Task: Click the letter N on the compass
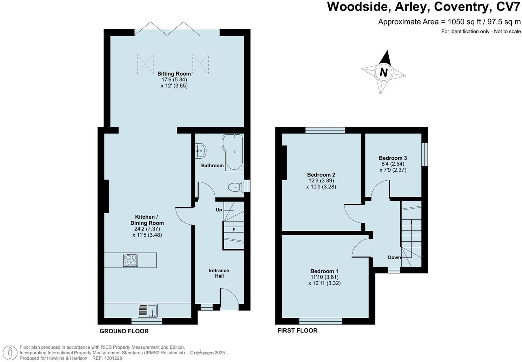coord(384,72)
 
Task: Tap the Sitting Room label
coord(174,74)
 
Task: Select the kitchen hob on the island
coord(130,260)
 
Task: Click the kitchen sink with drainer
coord(148,310)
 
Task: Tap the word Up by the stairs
coord(219,210)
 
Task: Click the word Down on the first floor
coord(394,257)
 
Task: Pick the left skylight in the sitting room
coord(145,64)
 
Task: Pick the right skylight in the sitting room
coord(200,64)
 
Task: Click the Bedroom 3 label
coord(393,158)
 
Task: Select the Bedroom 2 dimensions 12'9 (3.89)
coord(321,181)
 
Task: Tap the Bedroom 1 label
coord(324,271)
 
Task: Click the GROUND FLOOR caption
coord(124,331)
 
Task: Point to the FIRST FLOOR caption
coord(297,330)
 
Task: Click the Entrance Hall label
coord(219,273)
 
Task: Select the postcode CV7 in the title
coord(506,7)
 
